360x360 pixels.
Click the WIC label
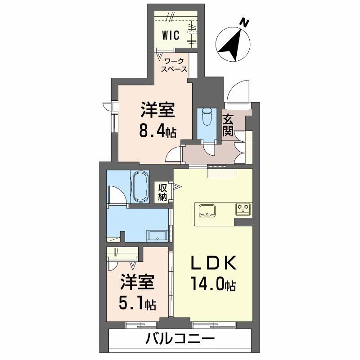coord(171,35)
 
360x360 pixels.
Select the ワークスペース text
coord(175,65)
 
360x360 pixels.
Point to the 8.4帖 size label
coord(157,131)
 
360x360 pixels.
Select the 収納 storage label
coord(162,192)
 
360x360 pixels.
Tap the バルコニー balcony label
coord(180,338)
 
